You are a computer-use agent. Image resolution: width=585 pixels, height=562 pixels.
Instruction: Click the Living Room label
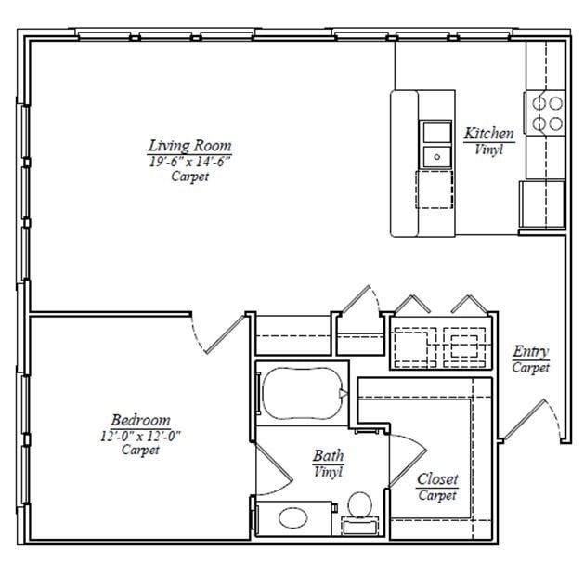[189, 146]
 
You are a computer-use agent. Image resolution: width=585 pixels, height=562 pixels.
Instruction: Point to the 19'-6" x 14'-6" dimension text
[189, 161]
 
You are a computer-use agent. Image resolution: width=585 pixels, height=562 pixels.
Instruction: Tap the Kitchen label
[488, 134]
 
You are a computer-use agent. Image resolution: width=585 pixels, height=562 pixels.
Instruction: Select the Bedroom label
[140, 420]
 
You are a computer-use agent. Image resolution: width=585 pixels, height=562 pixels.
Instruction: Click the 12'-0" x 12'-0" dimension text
[140, 436]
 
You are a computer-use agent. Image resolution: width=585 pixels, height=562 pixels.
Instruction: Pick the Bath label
[328, 456]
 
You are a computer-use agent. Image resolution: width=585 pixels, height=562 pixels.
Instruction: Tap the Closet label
[436, 479]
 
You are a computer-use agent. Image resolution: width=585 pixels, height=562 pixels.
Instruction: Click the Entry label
[530, 351]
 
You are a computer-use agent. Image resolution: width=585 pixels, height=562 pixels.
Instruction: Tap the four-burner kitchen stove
[546, 112]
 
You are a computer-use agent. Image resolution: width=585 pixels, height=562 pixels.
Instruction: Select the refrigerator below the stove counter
[540, 203]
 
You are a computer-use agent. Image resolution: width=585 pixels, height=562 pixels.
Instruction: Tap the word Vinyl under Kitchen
[488, 149]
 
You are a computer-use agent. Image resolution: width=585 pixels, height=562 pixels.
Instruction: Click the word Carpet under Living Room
[189, 176]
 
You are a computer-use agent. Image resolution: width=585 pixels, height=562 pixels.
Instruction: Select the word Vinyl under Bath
[328, 472]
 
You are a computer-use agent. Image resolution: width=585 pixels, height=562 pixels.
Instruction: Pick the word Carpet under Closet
[436, 495]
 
